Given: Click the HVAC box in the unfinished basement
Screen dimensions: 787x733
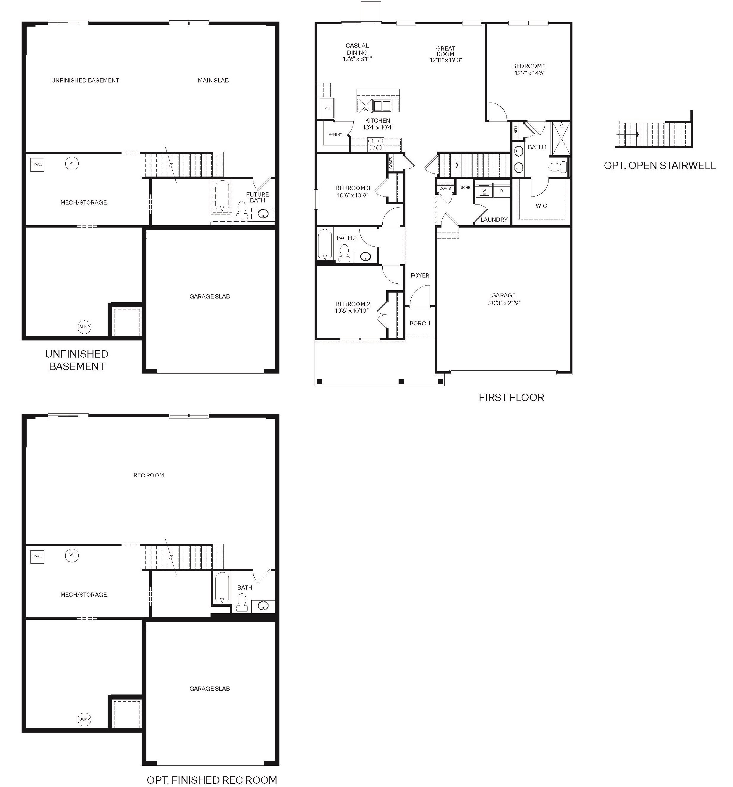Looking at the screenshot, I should pyautogui.click(x=37, y=165).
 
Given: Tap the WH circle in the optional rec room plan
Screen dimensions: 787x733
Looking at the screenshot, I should pyautogui.click(x=72, y=555).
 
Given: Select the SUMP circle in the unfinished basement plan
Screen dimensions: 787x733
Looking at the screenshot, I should pyautogui.click(x=84, y=327).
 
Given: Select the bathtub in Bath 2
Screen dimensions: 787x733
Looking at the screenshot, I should pyautogui.click(x=325, y=244).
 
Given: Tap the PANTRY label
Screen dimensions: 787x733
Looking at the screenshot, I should pyautogui.click(x=335, y=134).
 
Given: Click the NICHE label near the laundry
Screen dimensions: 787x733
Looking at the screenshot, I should pyautogui.click(x=465, y=188).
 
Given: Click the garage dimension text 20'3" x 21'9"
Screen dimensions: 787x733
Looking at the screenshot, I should pyautogui.click(x=504, y=303).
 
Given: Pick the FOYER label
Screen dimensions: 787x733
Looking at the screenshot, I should pyautogui.click(x=420, y=275).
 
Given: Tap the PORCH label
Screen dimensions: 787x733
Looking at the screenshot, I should pyautogui.click(x=420, y=323).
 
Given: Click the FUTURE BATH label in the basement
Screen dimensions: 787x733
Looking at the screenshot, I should pyautogui.click(x=258, y=197).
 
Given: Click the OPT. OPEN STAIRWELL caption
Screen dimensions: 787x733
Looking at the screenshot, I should pyautogui.click(x=660, y=166).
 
